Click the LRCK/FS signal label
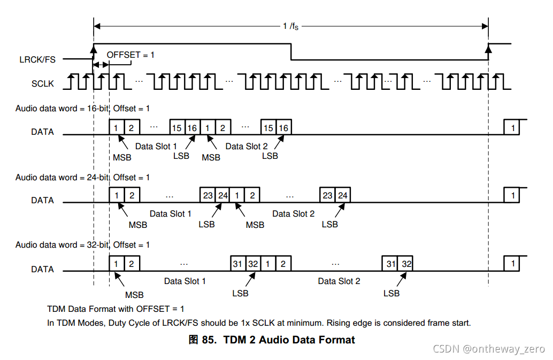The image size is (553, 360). pyautogui.click(x=37, y=59)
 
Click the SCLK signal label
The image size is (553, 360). pyautogui.click(x=42, y=83)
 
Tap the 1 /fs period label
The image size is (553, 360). pyautogui.click(x=291, y=26)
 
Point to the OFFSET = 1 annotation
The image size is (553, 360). pyautogui.click(x=130, y=55)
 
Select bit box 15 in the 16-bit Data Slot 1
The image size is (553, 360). pyautogui.click(x=177, y=128)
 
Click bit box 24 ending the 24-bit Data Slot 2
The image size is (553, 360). pyautogui.click(x=343, y=196)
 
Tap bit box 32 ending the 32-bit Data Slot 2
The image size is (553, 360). pyautogui.click(x=406, y=264)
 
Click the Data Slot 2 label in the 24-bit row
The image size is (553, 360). pyautogui.click(x=293, y=213)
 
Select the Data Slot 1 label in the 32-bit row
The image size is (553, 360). pyautogui.click(x=185, y=281)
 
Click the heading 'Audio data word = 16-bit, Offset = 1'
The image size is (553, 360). pyautogui.click(x=82, y=109)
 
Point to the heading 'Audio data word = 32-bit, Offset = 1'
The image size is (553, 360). pyautogui.click(x=82, y=244)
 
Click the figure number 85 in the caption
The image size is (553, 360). pyautogui.click(x=209, y=340)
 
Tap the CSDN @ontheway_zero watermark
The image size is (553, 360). pyautogui.click(x=488, y=349)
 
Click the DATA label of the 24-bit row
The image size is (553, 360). pyautogui.click(x=42, y=201)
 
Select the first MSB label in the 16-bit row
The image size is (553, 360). pyautogui.click(x=122, y=157)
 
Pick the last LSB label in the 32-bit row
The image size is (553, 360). pyautogui.click(x=391, y=293)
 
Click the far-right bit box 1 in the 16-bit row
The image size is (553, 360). pyautogui.click(x=513, y=128)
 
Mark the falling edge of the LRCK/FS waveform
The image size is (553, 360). pyautogui.click(x=291, y=52)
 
